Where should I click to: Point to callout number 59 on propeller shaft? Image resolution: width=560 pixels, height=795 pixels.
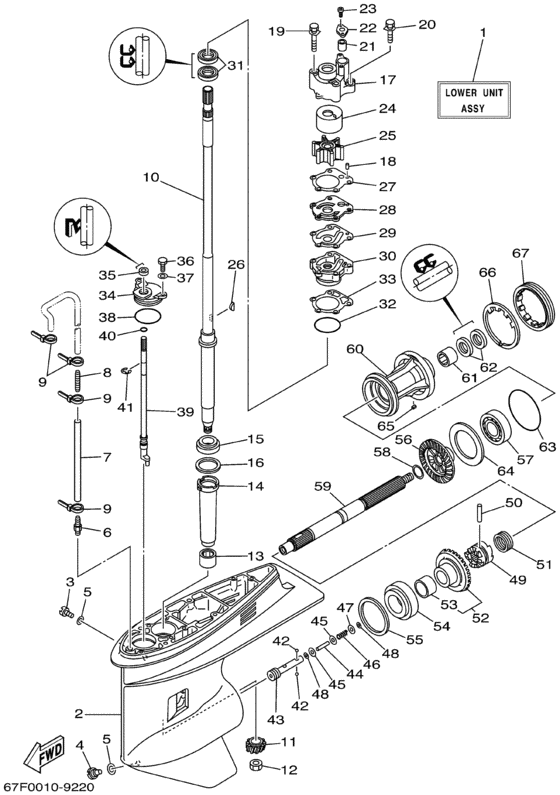pyautogui.click(x=321, y=487)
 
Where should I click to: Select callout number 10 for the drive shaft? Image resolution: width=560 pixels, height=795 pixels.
pyautogui.click(x=151, y=179)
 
